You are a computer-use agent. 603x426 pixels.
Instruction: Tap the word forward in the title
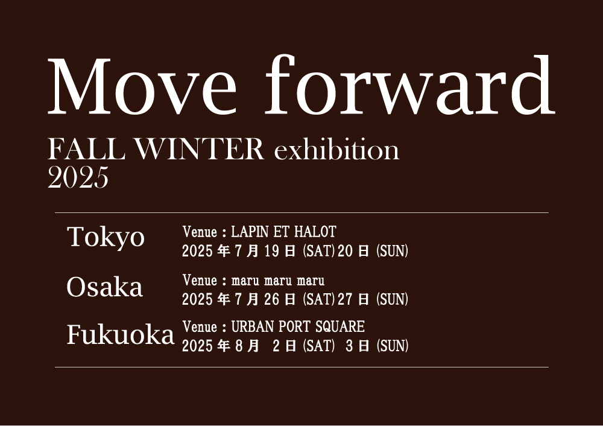pos(409,84)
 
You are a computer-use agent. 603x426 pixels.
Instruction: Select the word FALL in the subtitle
pos(86,149)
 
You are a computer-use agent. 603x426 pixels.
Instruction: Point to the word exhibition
pos(336,149)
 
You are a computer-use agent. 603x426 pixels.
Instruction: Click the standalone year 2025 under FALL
pos(78,177)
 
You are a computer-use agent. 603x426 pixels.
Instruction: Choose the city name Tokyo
pos(106,237)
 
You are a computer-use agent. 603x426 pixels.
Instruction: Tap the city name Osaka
pos(104,287)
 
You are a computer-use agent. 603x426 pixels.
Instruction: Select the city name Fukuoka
pos(121,334)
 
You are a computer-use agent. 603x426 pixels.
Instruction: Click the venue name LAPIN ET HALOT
pos(283,232)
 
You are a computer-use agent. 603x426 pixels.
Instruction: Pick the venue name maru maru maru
pos(277,281)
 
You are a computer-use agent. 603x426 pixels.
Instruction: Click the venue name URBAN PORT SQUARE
pos(298,326)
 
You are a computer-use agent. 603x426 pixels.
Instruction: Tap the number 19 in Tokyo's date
pos(271,251)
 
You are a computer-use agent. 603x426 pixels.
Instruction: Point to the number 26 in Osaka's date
pos(271,299)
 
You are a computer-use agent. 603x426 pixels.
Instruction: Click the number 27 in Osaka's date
pos(344,299)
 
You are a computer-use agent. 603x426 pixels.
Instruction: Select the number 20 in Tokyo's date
pos(344,251)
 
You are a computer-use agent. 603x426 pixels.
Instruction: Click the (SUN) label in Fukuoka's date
pos(393,346)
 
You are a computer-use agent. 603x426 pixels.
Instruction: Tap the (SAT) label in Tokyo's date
pos(318,251)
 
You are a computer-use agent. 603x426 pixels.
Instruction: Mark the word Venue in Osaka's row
pos(200,280)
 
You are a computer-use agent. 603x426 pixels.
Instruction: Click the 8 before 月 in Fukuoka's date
pos(239,346)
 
